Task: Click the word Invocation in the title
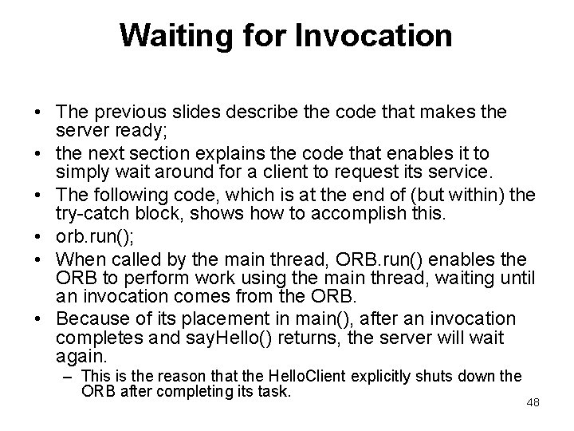[372, 35]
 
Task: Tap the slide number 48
[533, 402]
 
